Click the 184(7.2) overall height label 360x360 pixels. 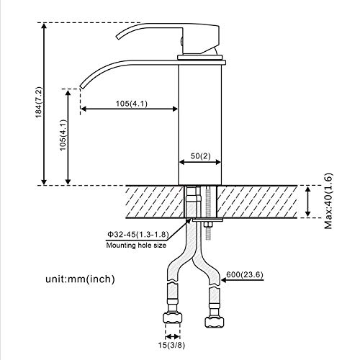(39, 102)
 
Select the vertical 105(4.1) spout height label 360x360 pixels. (63, 135)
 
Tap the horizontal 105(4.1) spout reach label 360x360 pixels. (132, 104)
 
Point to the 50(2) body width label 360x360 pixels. (200, 156)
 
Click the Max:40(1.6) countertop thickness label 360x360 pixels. (328, 201)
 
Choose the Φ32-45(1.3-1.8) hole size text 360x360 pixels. (138, 234)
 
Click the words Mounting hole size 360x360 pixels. (136, 246)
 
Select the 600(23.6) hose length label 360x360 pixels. (245, 274)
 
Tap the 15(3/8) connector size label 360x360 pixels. (171, 345)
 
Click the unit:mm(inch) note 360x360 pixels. (80, 279)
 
